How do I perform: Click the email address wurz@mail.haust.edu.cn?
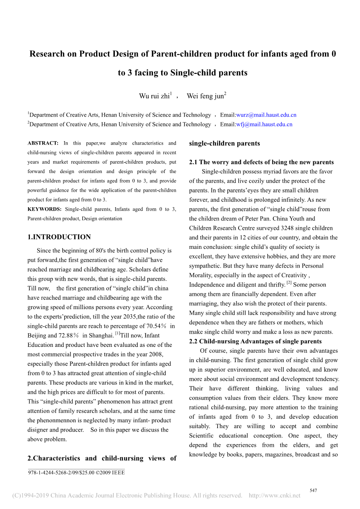tap(266, 115)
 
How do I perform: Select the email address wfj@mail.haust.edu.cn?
tap(264, 124)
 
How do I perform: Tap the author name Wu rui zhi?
tap(154, 96)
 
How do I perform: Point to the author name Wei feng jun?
tap(205, 96)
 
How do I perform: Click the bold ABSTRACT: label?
tap(43, 143)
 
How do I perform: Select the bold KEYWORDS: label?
tap(44, 209)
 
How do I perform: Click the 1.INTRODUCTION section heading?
tap(59, 237)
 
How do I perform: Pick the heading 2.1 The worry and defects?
tap(262, 162)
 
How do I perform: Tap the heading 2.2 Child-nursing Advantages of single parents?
tap(255, 341)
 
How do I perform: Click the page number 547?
tap(313, 491)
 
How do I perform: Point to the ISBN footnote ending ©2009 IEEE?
tap(76, 473)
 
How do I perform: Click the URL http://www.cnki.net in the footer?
tap(274, 495)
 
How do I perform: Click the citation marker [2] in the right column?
tap(289, 283)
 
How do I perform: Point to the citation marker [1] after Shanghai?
tap(117, 334)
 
